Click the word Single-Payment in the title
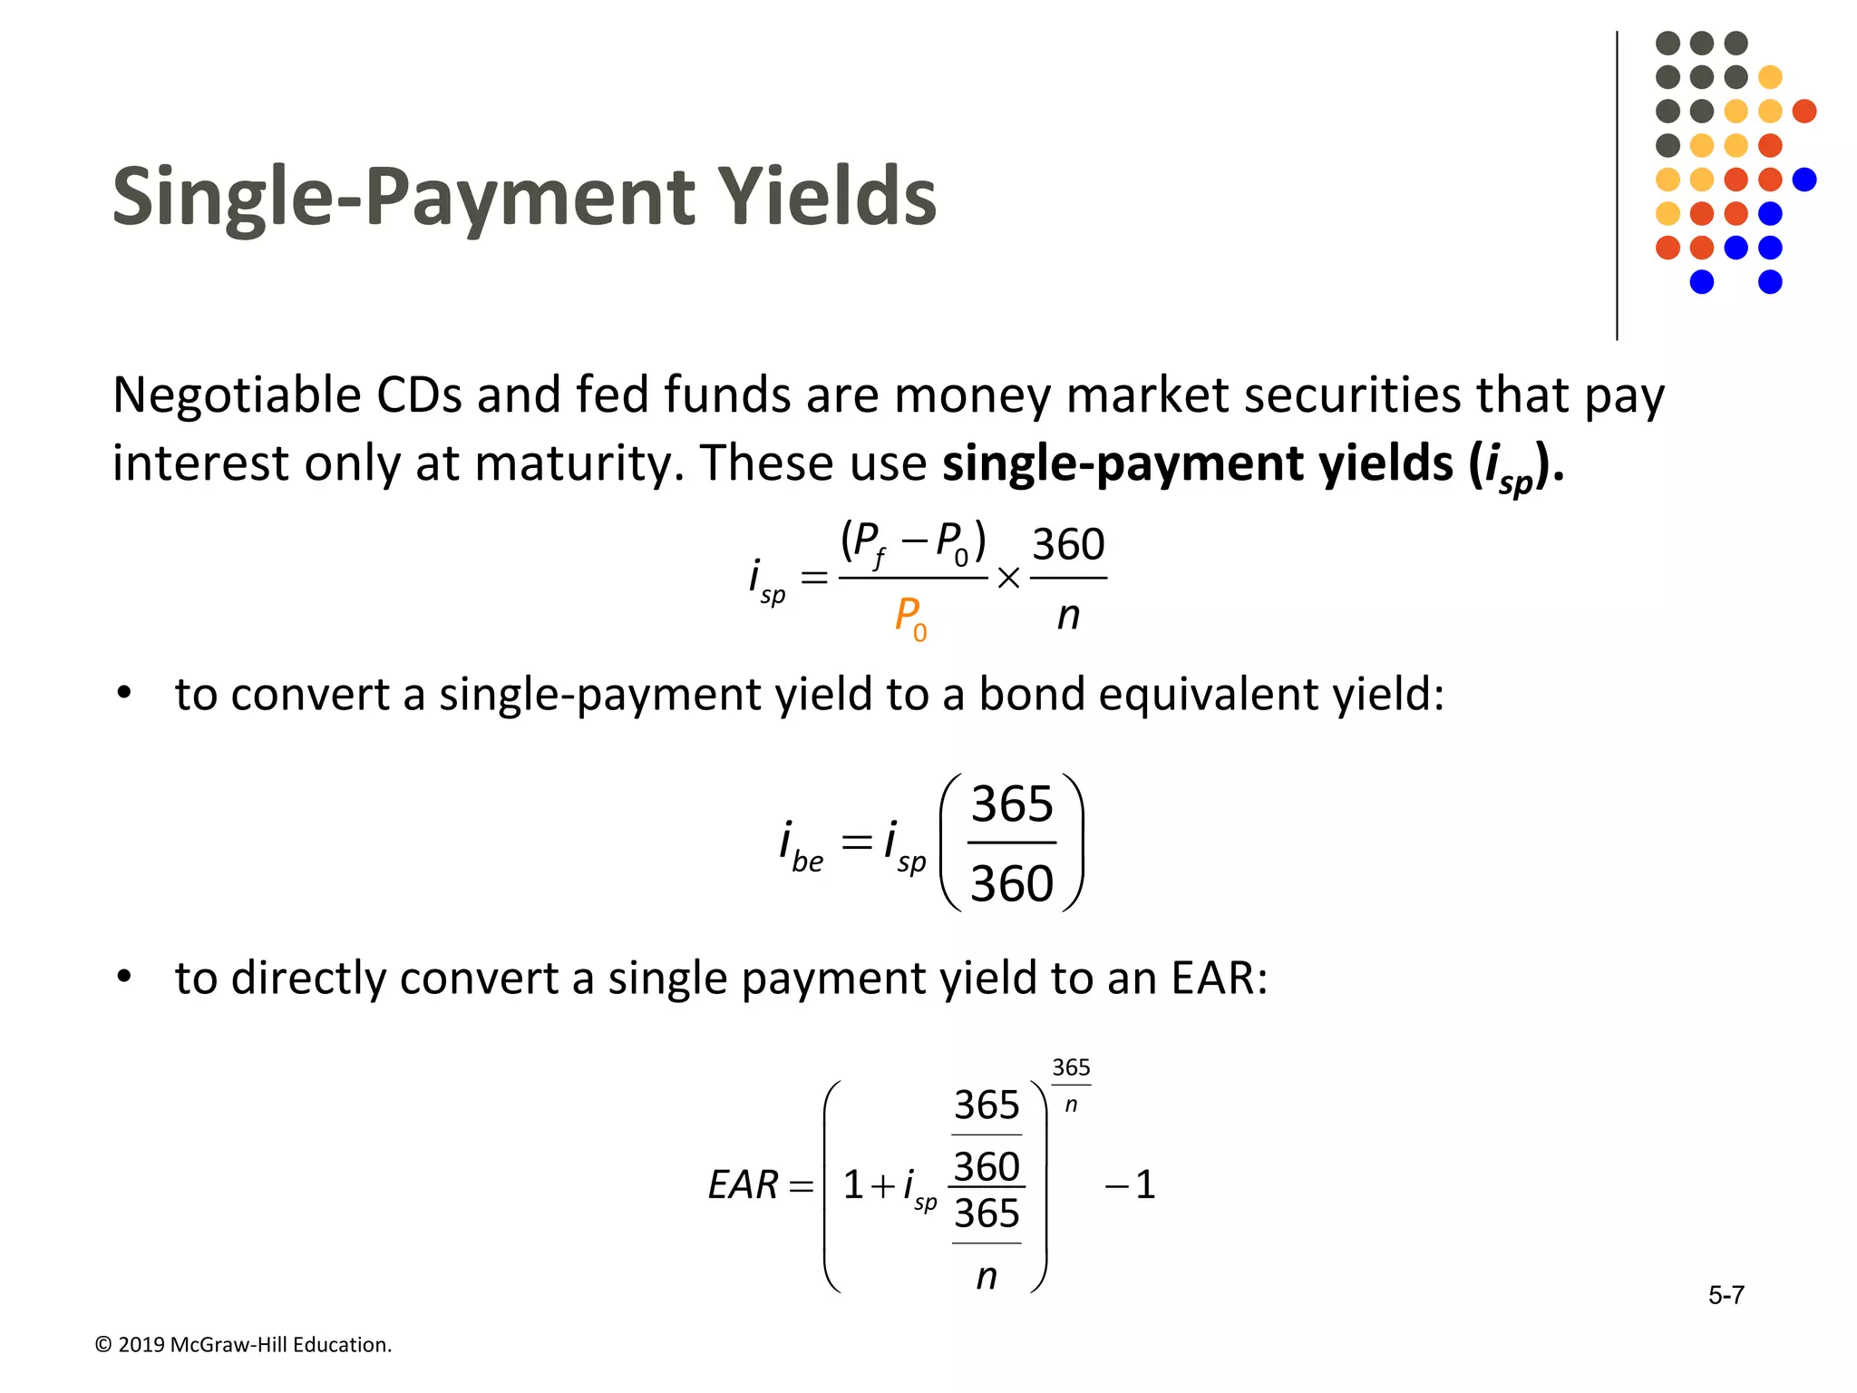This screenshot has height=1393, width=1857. click(x=403, y=197)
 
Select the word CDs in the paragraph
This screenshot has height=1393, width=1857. click(x=419, y=396)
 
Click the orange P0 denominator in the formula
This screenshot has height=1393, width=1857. click(x=910, y=618)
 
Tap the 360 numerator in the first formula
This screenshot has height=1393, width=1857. click(x=1068, y=545)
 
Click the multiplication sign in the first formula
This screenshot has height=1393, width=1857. click(x=1008, y=578)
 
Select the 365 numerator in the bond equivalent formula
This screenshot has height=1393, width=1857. click(x=1012, y=804)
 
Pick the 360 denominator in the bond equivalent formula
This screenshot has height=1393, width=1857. click(x=1012, y=883)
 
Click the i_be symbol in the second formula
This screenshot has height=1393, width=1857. click(x=801, y=844)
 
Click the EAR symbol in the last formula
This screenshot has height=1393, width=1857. click(x=743, y=1185)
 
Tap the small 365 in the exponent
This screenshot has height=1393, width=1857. click(x=1071, y=1067)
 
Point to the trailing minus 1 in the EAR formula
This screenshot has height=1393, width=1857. click(x=1131, y=1185)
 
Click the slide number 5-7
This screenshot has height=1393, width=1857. click(x=1726, y=1295)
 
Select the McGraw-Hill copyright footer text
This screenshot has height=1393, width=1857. click(x=243, y=1345)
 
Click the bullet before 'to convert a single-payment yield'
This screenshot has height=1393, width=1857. click(x=124, y=694)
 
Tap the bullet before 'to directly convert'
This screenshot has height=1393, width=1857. click(x=124, y=978)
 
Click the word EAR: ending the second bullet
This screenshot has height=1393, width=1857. click(x=1218, y=978)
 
